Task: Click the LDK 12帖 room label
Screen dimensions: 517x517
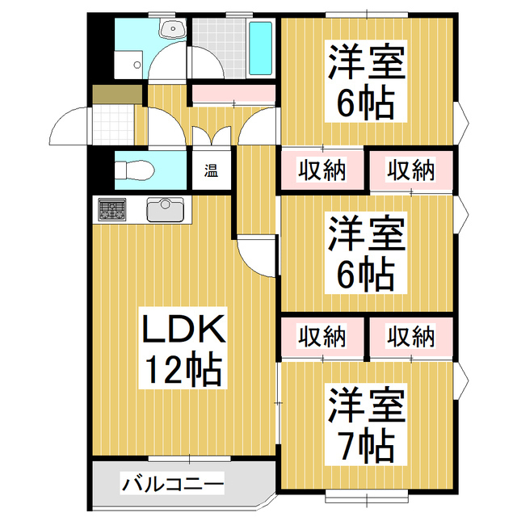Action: tap(183, 347)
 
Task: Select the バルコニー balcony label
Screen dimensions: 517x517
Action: tap(172, 485)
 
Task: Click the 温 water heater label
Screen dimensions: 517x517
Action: tap(211, 171)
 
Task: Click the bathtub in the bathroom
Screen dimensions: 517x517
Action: tap(260, 48)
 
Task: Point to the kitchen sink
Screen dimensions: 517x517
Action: tap(165, 210)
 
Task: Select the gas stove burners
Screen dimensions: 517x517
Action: tap(112, 210)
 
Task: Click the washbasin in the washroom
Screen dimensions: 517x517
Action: tap(173, 28)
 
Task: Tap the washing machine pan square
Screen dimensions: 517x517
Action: tap(128, 65)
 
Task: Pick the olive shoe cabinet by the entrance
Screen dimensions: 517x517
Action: tap(117, 95)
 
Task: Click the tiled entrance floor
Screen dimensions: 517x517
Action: tap(113, 124)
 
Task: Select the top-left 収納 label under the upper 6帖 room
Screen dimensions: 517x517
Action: tap(322, 170)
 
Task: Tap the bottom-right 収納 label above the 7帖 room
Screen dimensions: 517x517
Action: tap(411, 337)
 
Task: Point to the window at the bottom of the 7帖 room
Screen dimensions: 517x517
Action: tap(367, 496)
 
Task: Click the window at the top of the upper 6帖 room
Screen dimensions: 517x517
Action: tap(367, 15)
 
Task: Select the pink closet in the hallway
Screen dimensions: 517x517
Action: tap(233, 94)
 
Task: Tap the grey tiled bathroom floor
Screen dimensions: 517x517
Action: tap(219, 48)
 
